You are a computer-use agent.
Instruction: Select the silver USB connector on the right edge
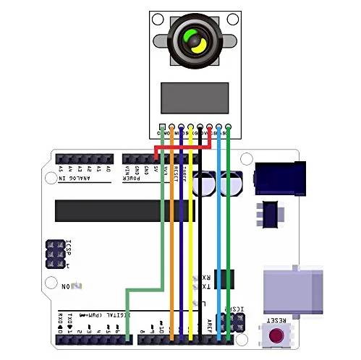pos(293,290)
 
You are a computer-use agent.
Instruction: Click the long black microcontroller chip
pos(125,210)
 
